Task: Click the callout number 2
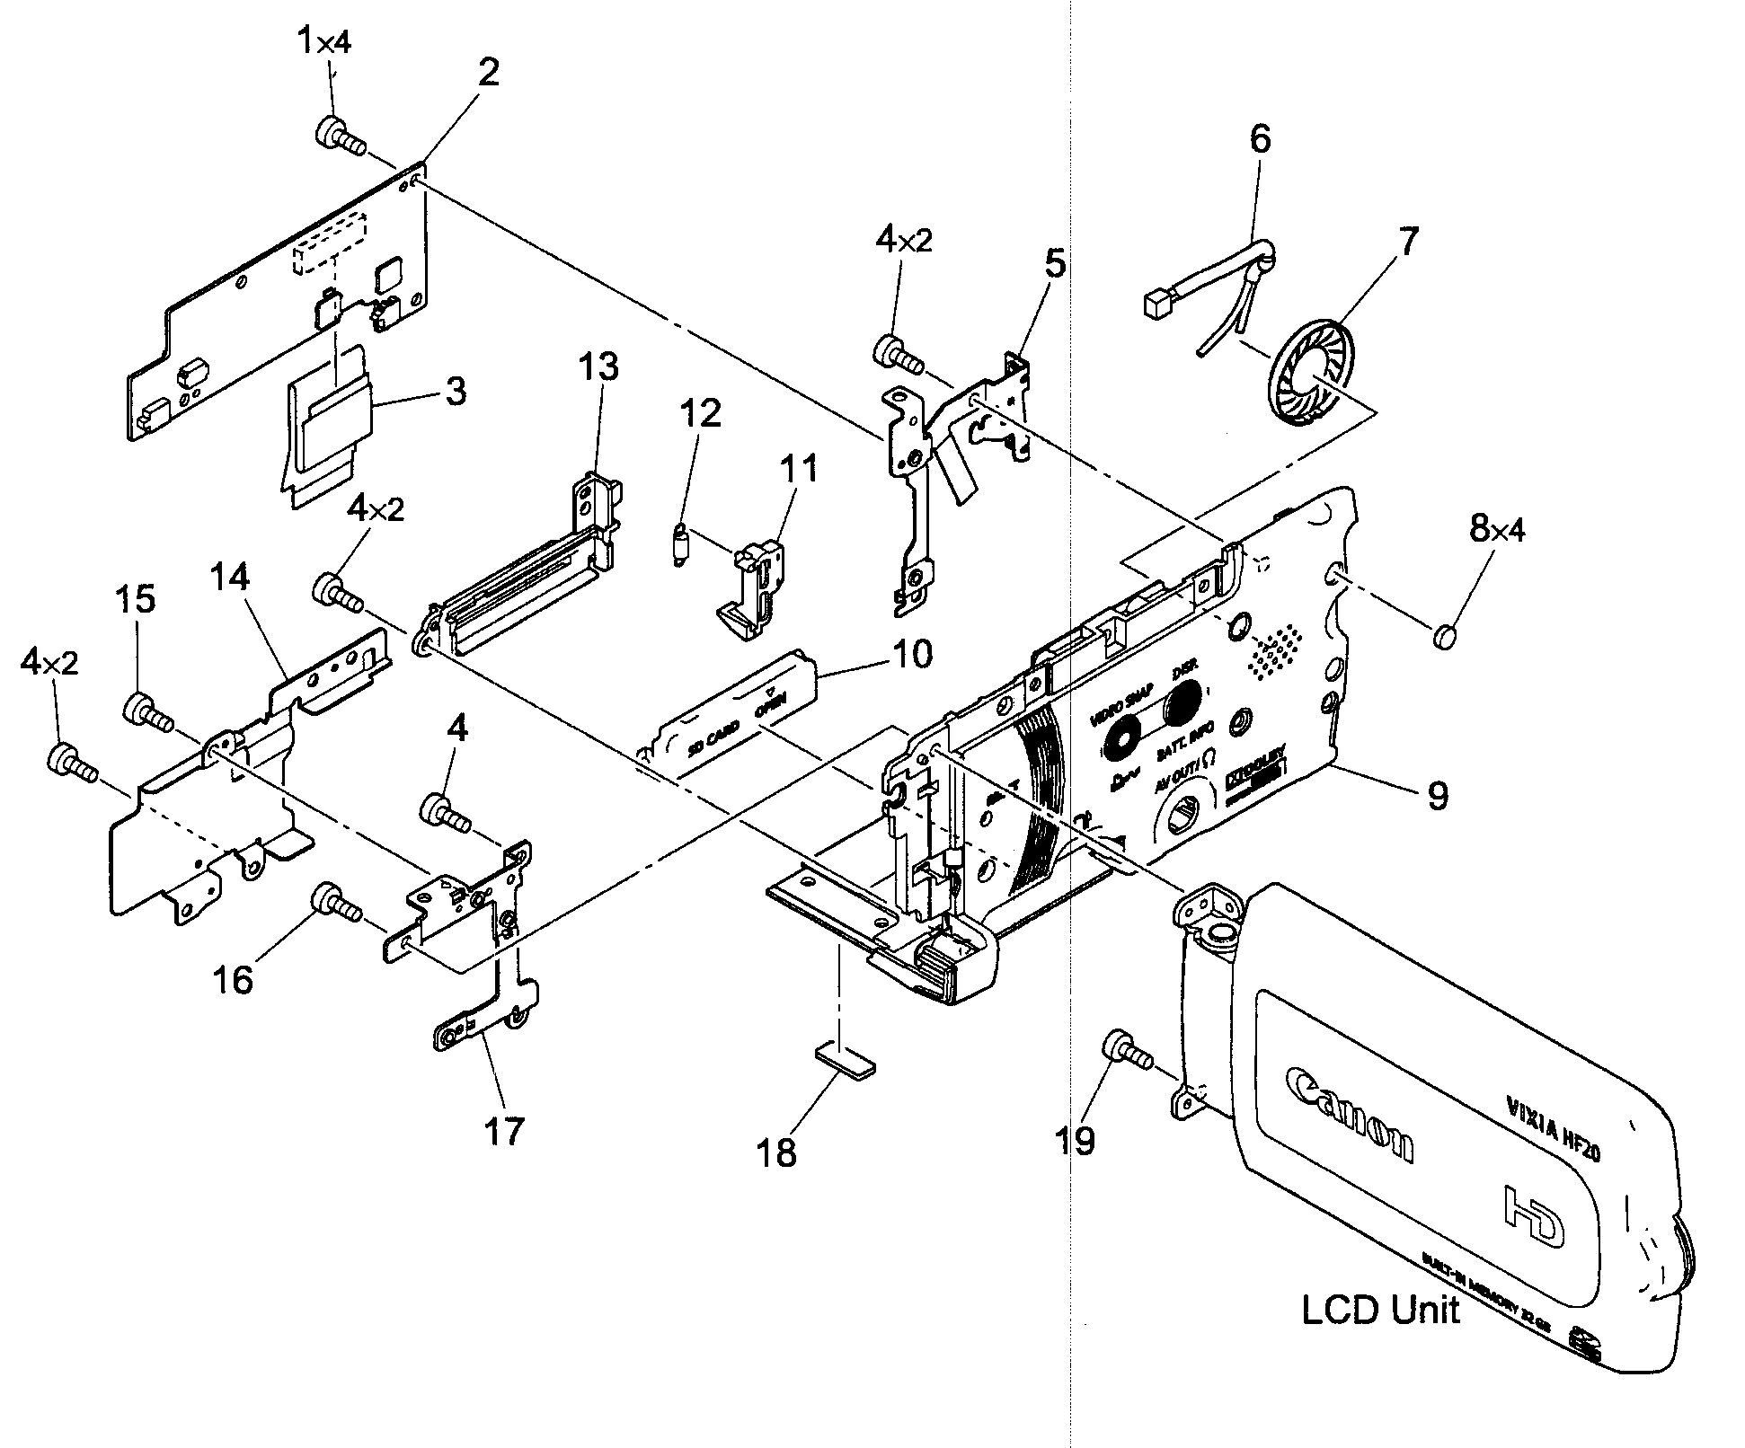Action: pyautogui.click(x=488, y=72)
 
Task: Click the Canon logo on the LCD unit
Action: pyautogui.click(x=1349, y=1114)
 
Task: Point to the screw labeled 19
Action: pyautogui.click(x=1126, y=1048)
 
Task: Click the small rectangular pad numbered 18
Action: pyautogui.click(x=845, y=1059)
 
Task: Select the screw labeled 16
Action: pyautogui.click(x=334, y=904)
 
